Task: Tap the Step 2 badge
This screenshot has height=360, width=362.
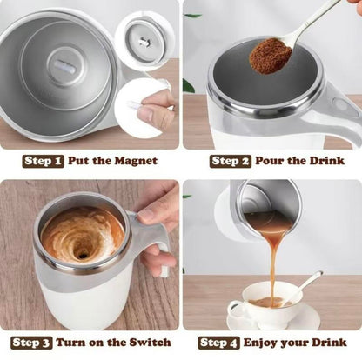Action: (x=231, y=161)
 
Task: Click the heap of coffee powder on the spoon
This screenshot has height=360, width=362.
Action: (x=271, y=55)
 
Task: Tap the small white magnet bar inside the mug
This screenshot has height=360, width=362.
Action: (x=63, y=66)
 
